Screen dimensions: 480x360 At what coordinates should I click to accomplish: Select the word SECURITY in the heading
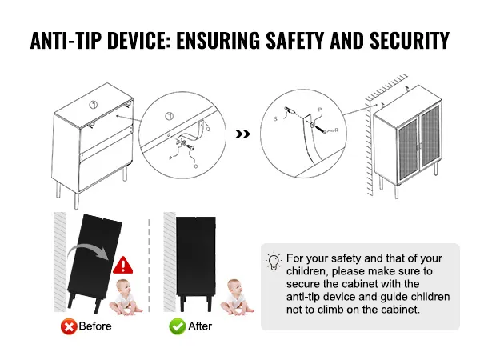(410, 41)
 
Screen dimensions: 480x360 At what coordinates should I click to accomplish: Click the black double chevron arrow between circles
(242, 134)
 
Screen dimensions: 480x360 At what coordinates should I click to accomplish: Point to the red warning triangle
(122, 266)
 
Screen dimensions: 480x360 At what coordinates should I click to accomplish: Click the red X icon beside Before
(69, 326)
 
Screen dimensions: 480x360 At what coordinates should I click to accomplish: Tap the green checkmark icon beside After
(178, 326)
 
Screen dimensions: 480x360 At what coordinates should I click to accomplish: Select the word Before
(95, 326)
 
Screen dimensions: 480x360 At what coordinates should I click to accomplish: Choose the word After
(200, 326)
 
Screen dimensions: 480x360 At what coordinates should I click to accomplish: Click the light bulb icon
(274, 261)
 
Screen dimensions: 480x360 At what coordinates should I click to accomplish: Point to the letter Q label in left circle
(208, 129)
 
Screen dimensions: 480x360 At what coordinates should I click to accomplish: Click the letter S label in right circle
(275, 118)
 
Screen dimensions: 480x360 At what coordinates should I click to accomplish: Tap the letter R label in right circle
(337, 130)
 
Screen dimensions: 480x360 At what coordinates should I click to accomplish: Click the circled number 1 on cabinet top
(94, 105)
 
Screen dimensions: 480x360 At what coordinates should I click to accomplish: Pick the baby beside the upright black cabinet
(236, 297)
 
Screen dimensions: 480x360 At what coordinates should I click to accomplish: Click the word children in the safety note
(308, 271)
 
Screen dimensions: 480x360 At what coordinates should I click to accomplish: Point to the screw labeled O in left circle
(191, 147)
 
